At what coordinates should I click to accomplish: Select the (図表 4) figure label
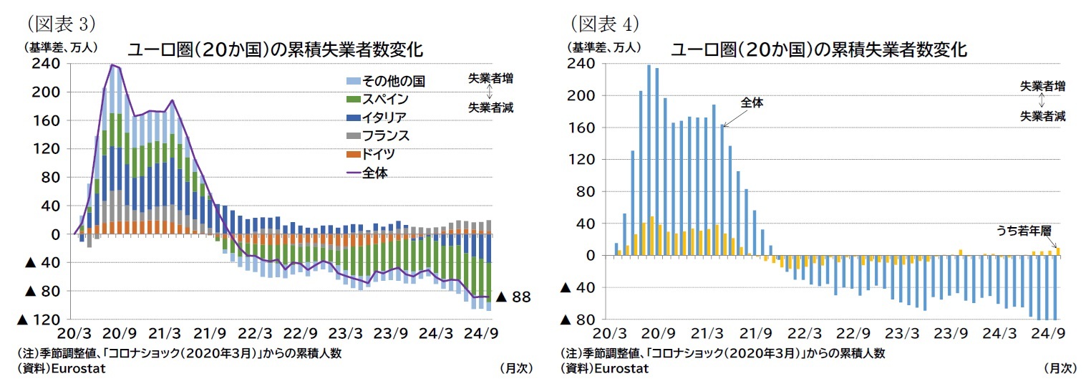tap(604, 23)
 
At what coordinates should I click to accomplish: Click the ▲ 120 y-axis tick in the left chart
tap(43, 319)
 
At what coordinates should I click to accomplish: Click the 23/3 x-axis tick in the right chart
tap(901, 333)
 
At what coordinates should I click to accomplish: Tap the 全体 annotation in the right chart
tap(752, 103)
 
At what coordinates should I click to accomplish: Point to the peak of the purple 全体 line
tap(112, 64)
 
